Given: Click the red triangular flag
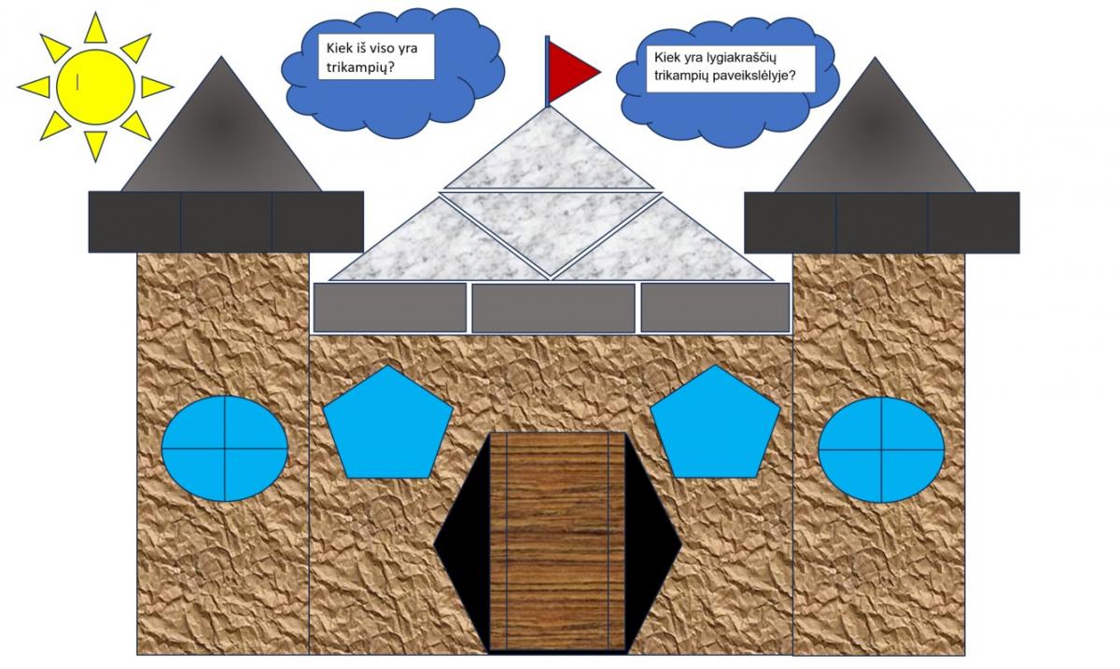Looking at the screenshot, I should point(568,69).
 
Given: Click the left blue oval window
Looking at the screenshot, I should point(225,449).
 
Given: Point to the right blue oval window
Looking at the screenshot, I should point(881,449).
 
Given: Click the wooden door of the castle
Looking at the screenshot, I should point(557,541).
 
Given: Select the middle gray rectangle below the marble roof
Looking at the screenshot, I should point(553,308).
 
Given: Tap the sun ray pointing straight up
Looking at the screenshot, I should point(94,28).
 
